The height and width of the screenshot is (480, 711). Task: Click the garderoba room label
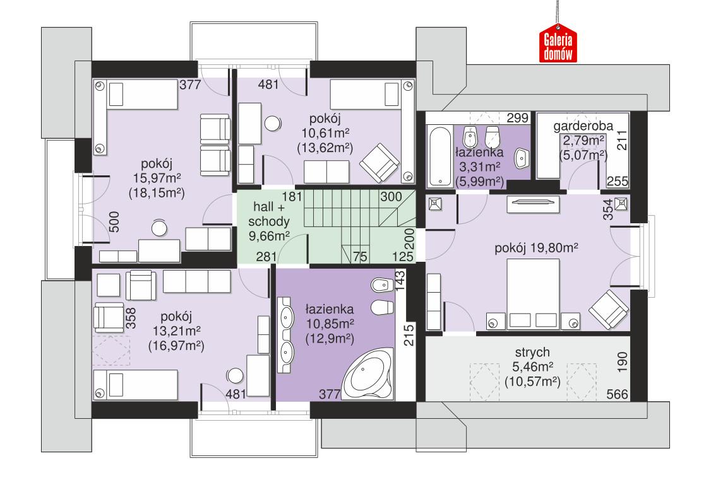[582, 126]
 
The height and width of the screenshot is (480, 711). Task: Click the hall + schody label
[271, 214]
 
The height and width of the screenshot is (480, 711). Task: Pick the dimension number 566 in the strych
[618, 395]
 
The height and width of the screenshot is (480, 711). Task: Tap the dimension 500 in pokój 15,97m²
[114, 222]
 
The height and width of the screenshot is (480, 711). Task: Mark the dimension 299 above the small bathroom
[517, 118]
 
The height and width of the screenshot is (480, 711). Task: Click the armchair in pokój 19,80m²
[609, 309]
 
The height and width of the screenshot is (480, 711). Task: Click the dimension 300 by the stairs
[391, 196]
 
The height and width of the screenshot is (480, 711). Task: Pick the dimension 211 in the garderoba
[621, 139]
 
